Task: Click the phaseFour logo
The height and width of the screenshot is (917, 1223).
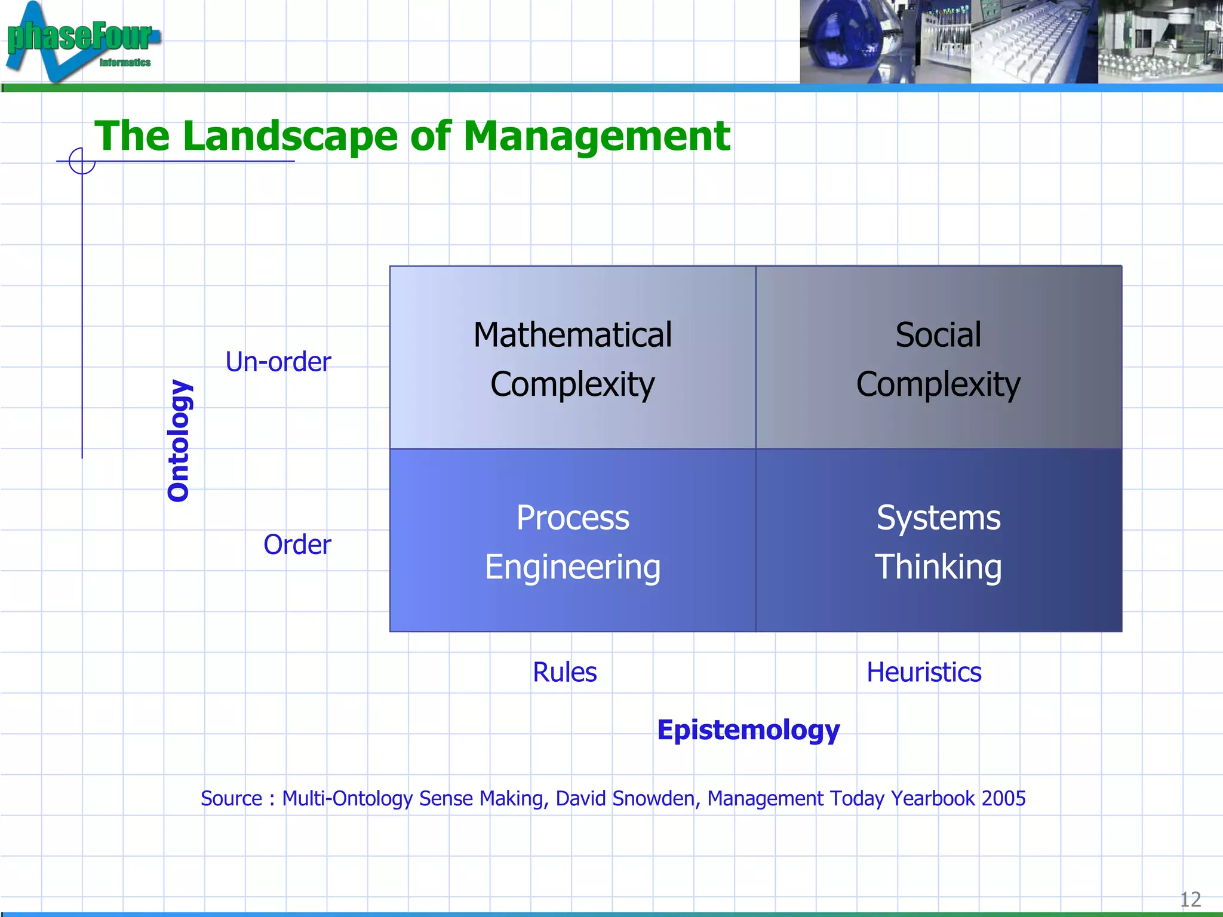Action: coord(81,41)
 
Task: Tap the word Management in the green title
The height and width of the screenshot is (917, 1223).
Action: coord(596,136)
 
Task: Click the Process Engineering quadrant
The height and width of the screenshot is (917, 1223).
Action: coord(572,541)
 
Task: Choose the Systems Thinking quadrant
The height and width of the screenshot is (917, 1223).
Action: coord(938,541)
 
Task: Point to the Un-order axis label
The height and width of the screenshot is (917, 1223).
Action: coord(278,362)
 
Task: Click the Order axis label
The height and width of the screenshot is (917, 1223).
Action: coord(297,544)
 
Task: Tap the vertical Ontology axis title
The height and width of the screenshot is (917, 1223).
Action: coord(179,441)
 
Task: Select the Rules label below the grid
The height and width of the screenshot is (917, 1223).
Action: coord(564,672)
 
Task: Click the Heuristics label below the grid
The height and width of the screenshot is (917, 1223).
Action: coord(924,672)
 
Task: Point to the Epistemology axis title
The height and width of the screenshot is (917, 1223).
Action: coord(748,730)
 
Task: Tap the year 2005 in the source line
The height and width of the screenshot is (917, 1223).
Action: coord(1003,798)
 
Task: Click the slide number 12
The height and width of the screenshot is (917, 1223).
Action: coord(1190,899)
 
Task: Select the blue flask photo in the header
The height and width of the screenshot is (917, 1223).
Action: coord(848,41)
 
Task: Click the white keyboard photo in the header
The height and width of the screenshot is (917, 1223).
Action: coord(1033,42)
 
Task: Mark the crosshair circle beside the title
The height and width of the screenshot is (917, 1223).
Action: coord(82,161)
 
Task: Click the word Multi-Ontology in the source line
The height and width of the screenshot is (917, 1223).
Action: coord(348,798)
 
